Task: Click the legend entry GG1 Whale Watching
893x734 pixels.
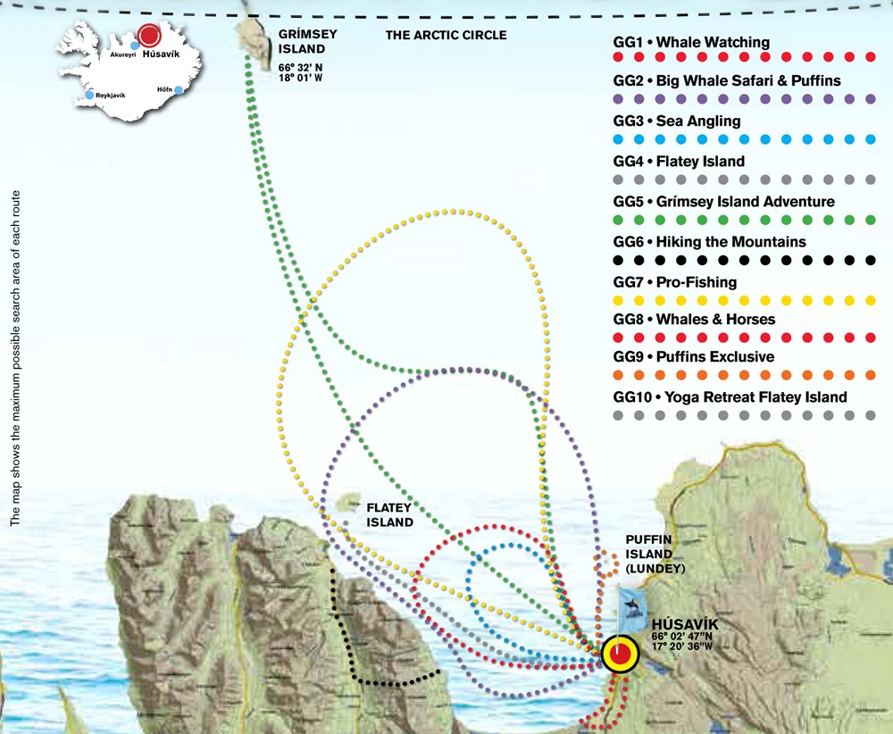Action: point(691,42)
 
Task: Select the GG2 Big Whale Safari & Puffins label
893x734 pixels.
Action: point(727,81)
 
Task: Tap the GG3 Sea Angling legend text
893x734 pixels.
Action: point(677,121)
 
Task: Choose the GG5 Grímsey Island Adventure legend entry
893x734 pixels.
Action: point(723,201)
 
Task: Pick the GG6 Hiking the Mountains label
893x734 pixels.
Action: point(709,242)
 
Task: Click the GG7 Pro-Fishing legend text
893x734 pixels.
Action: point(675,282)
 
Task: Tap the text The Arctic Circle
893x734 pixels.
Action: point(446,36)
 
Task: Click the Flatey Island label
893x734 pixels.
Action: point(389,515)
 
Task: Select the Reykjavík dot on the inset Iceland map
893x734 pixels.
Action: point(89,96)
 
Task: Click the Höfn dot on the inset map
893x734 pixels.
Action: point(179,89)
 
